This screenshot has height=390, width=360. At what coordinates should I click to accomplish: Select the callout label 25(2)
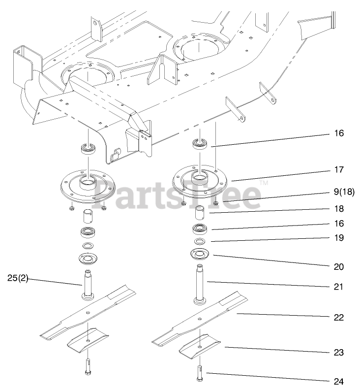(x=18, y=278)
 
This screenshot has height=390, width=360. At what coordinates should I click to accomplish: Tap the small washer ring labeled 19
(x=200, y=242)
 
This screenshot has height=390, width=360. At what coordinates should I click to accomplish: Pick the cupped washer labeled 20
(x=200, y=255)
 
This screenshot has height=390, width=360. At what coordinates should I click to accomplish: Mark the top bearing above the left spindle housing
(x=89, y=149)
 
